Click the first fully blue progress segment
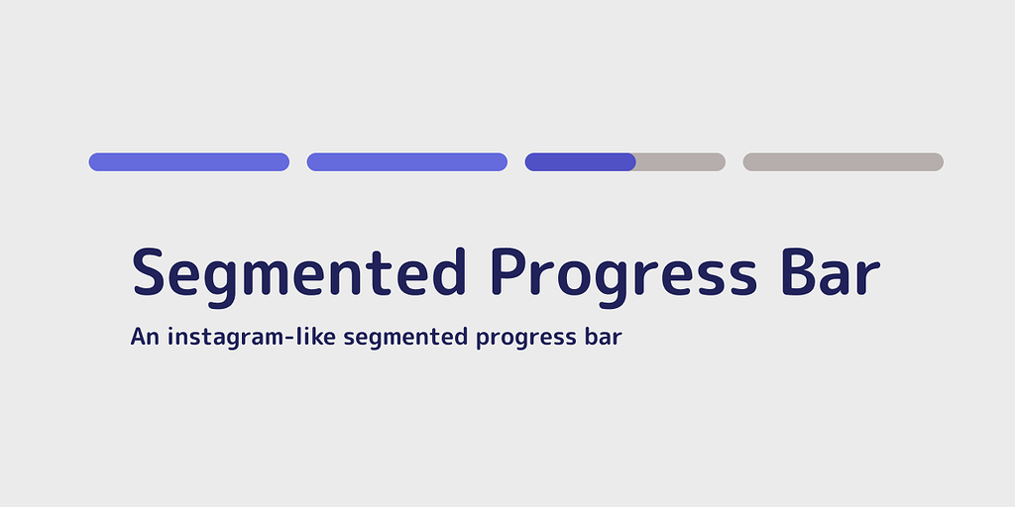coord(188,161)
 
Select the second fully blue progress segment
coord(406,161)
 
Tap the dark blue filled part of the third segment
coord(580,161)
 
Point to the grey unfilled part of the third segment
coord(681,161)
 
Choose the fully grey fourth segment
coord(843,161)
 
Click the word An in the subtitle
coord(145,337)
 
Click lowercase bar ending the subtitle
coord(603,337)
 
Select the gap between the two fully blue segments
coord(298,161)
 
